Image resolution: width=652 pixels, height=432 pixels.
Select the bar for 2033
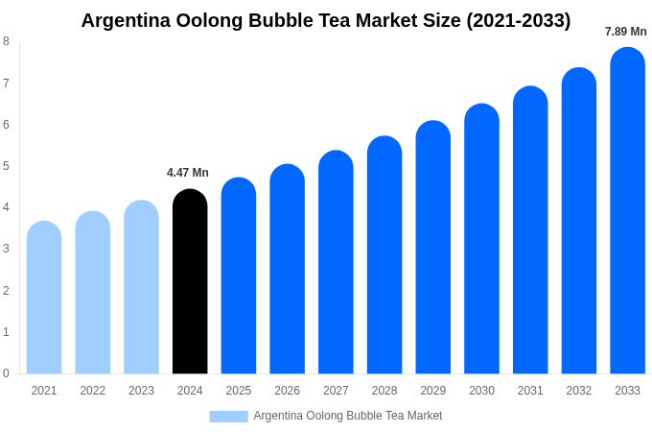click(x=627, y=210)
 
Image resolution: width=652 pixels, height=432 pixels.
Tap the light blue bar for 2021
click(x=44, y=298)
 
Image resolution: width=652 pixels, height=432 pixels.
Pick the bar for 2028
click(x=384, y=254)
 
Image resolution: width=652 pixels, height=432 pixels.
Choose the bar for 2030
click(x=481, y=239)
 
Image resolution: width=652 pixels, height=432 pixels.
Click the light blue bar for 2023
click(x=141, y=287)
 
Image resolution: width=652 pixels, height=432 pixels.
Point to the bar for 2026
click(x=287, y=269)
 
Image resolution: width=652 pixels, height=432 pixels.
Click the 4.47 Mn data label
click(x=188, y=173)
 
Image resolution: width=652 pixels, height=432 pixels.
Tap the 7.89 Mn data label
click(x=625, y=32)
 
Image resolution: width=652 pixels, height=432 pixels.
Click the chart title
click(x=326, y=20)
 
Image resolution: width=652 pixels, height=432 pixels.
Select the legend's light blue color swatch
click(x=228, y=416)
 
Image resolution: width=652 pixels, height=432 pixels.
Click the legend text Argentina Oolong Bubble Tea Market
click(x=348, y=416)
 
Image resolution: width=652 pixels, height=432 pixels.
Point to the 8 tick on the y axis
click(x=6, y=41)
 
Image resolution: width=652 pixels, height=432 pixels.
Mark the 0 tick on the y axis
click(x=6, y=373)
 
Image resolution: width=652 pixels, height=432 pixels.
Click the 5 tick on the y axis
click(x=6, y=166)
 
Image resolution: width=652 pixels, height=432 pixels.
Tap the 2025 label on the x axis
click(x=239, y=391)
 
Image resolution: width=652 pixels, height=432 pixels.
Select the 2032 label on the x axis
click(x=579, y=391)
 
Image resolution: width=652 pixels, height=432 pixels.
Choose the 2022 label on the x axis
click(x=93, y=391)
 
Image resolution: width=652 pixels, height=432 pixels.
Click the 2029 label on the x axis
click(x=433, y=391)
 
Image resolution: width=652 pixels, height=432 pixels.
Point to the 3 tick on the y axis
click(x=6, y=249)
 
